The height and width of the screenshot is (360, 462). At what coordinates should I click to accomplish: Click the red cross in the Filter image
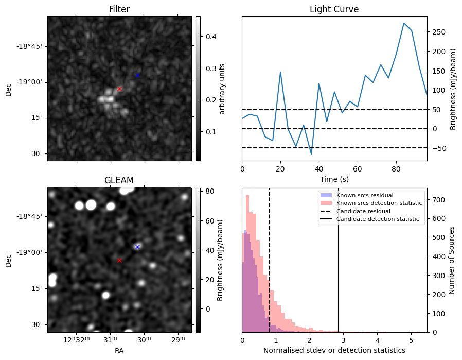(119, 89)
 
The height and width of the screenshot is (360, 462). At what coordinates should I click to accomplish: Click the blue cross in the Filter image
(137, 75)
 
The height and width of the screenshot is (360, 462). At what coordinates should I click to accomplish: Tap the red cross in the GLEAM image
(119, 260)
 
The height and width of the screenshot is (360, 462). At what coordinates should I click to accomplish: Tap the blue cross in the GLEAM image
(137, 247)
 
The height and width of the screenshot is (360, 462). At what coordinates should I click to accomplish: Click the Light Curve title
(334, 9)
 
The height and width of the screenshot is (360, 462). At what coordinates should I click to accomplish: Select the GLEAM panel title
(119, 180)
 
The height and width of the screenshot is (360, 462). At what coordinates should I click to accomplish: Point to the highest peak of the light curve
(404, 23)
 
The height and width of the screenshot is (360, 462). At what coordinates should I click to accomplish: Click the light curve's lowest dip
(311, 154)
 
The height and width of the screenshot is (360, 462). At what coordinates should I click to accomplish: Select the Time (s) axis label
(334, 178)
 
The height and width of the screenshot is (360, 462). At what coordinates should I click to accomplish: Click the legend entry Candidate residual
(363, 211)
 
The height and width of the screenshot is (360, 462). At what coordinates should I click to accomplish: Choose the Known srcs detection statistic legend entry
(379, 203)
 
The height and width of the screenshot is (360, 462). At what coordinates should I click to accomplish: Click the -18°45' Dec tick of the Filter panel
(30, 46)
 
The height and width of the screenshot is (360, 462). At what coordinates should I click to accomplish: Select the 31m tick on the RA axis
(110, 340)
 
